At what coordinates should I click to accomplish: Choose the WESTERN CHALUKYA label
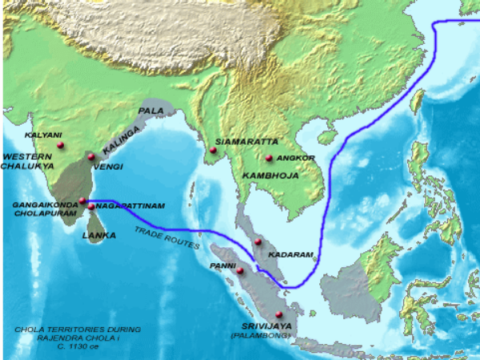click(27, 160)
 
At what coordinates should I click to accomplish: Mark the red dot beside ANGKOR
click(270, 158)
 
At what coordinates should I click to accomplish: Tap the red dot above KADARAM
click(258, 242)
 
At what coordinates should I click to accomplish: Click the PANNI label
click(222, 264)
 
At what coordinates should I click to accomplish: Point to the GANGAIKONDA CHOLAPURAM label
click(45, 210)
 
